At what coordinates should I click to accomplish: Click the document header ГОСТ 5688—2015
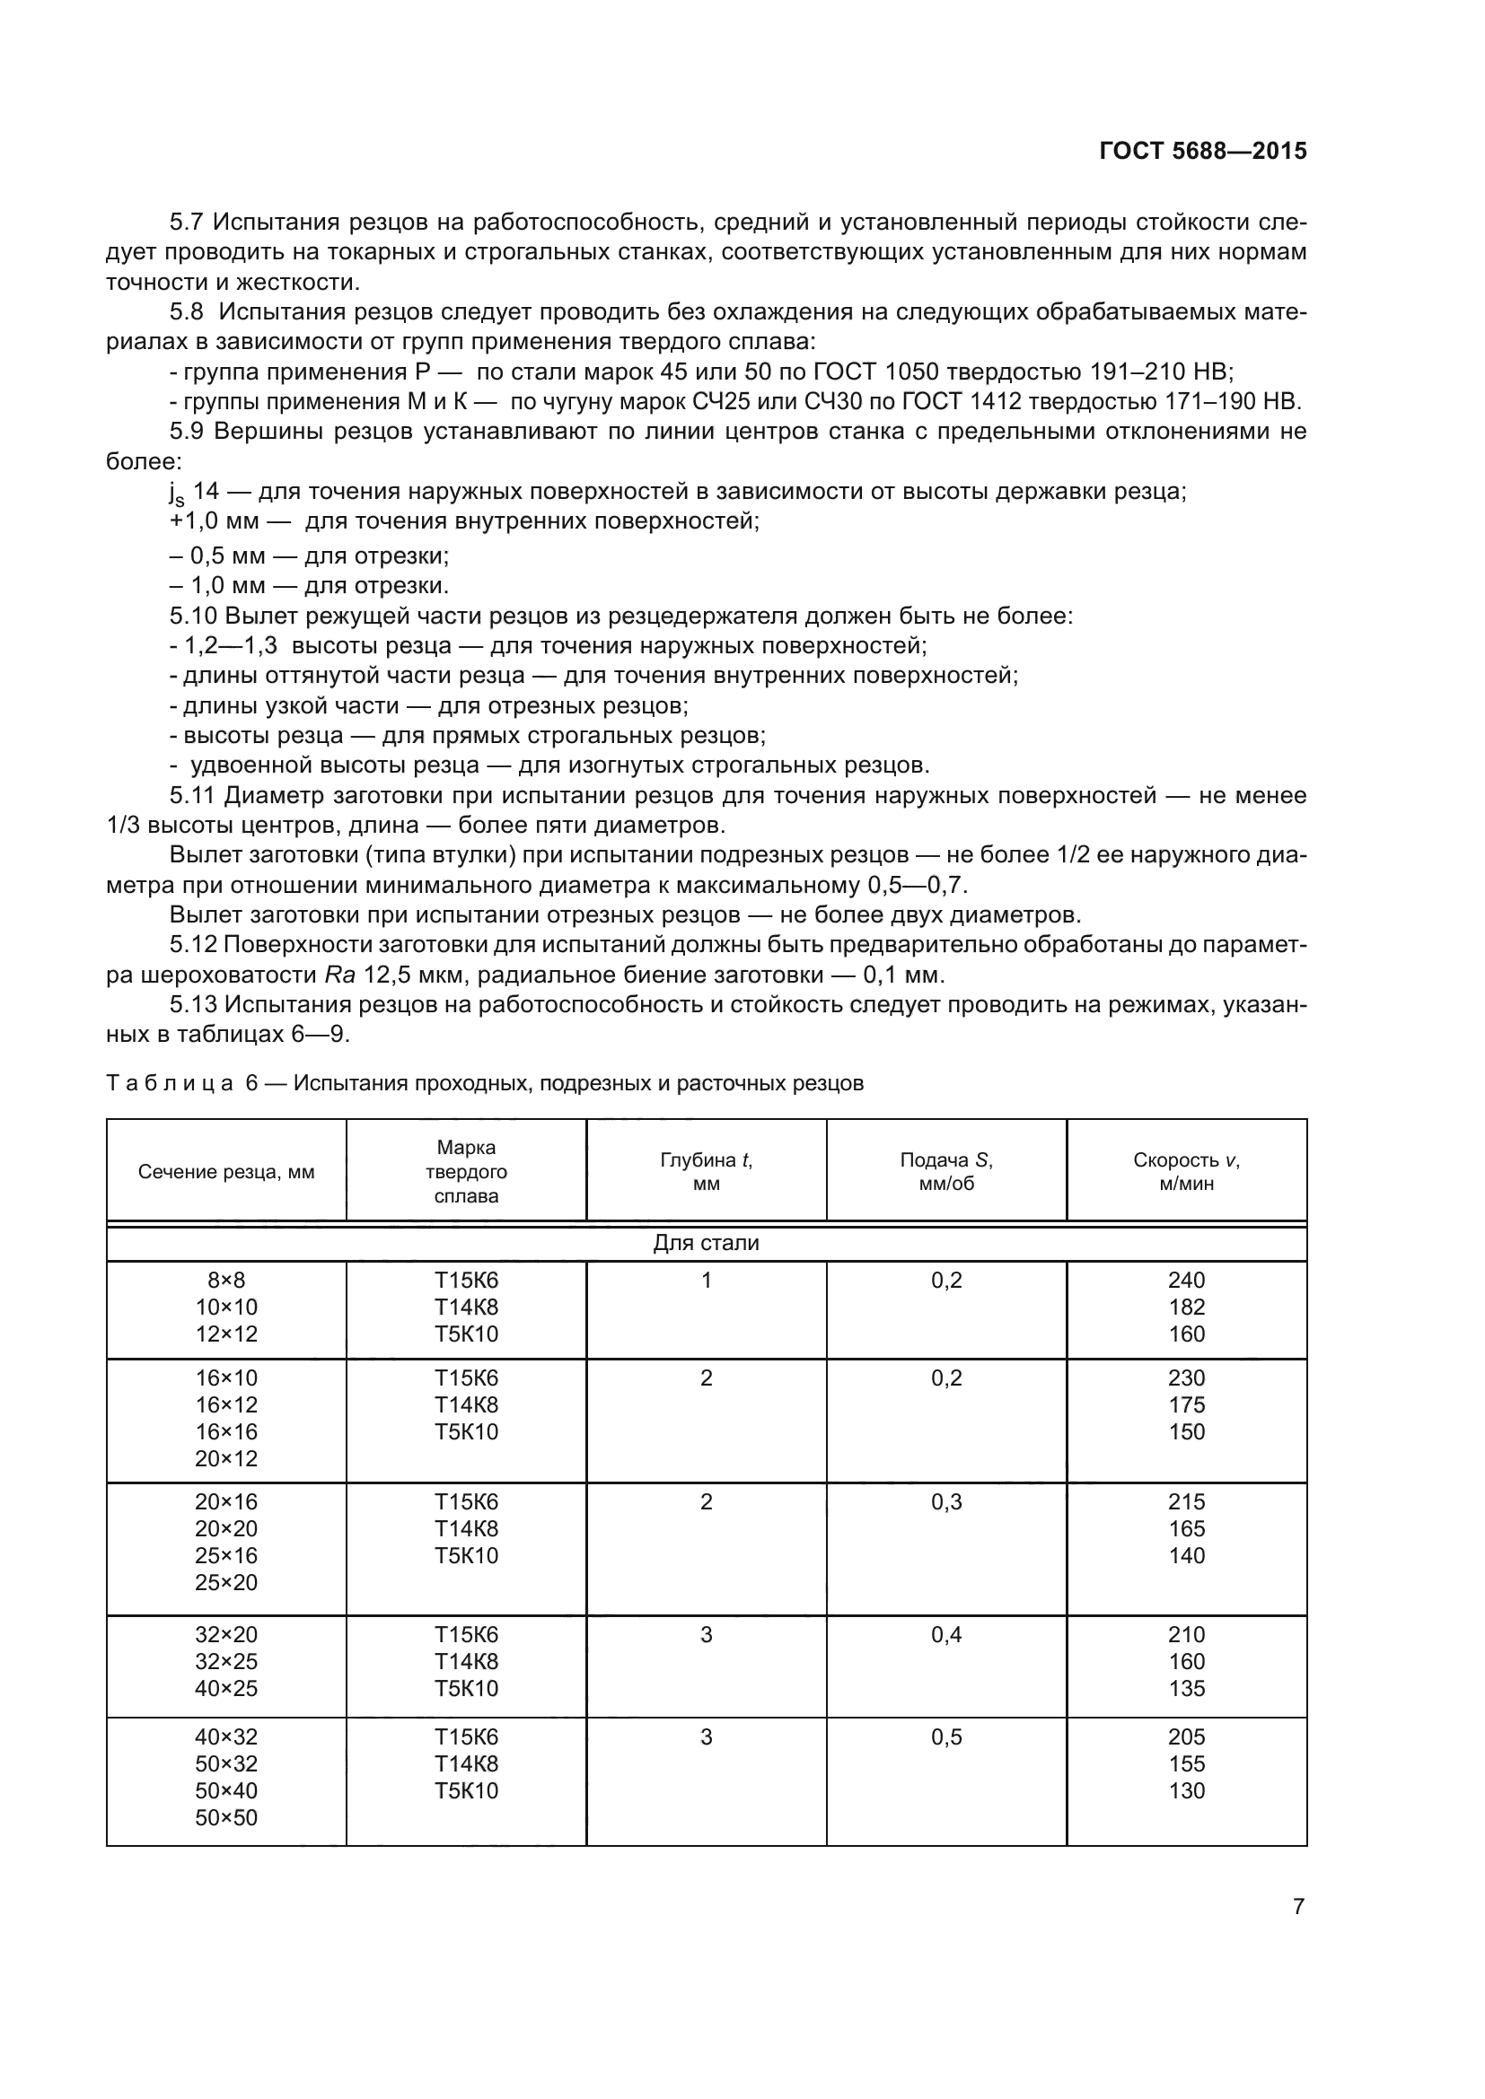tap(1202, 151)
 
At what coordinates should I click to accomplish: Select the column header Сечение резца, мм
tap(226, 1172)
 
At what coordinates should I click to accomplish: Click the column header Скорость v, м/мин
tap(1186, 1171)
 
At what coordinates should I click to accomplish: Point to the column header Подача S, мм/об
tap(946, 1171)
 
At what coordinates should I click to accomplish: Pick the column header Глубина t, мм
tap(706, 1171)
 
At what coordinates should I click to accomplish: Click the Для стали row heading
tap(706, 1243)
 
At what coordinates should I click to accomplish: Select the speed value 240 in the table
tap(1186, 1280)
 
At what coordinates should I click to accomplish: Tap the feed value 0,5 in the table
tap(946, 1737)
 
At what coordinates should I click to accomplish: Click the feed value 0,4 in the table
tap(946, 1634)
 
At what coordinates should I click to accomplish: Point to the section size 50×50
tap(226, 1817)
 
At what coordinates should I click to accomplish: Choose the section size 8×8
tap(226, 1280)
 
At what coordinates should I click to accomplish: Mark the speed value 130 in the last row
tap(1186, 1790)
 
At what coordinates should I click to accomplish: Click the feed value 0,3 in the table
tap(946, 1502)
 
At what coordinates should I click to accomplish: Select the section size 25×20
tap(226, 1582)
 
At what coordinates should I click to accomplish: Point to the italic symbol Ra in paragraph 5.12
tap(340, 975)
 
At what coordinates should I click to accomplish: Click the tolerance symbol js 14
tap(194, 492)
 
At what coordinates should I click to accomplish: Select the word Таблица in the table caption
tap(170, 1084)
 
